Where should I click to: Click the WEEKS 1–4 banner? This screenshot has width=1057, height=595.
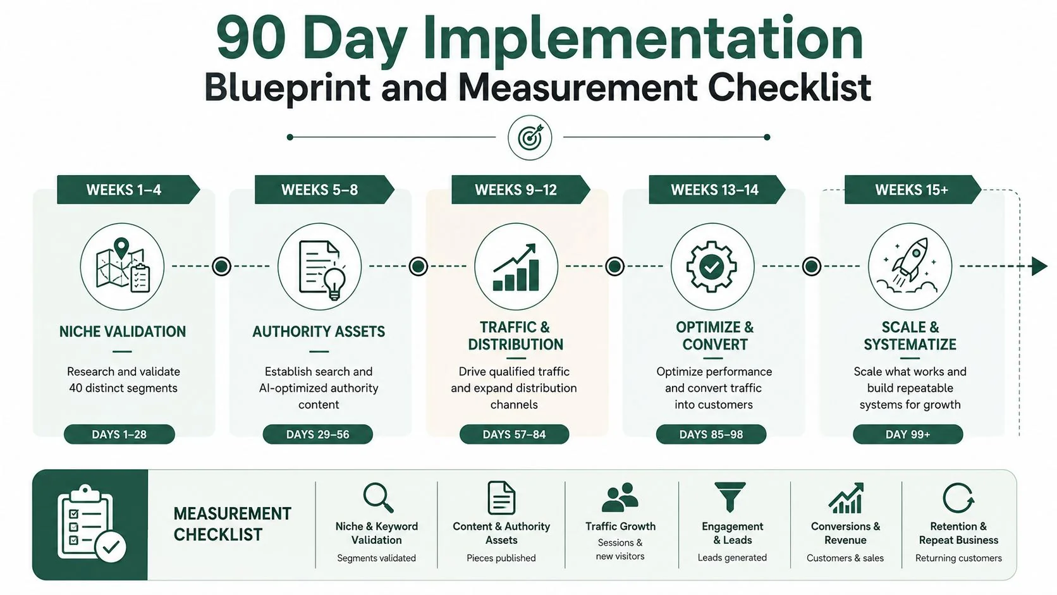click(128, 190)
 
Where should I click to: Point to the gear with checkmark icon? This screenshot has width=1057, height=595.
click(712, 267)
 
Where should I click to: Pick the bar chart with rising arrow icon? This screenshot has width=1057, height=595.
click(515, 267)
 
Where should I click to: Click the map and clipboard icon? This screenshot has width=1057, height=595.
click(123, 265)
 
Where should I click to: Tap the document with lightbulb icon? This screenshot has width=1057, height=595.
click(322, 270)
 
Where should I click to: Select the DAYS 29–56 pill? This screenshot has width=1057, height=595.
click(317, 434)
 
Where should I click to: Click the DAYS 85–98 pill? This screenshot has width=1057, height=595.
click(711, 434)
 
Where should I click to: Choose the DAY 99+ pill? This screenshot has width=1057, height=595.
click(908, 434)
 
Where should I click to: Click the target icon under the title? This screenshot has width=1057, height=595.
click(530, 137)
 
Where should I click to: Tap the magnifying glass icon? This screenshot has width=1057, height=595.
click(378, 498)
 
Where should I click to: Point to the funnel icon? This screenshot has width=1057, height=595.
click(730, 497)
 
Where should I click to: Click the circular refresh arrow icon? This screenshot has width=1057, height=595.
click(958, 498)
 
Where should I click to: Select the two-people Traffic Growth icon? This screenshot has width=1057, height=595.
click(620, 497)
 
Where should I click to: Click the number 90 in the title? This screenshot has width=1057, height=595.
click(250, 38)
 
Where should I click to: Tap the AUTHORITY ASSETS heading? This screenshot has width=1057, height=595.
click(319, 332)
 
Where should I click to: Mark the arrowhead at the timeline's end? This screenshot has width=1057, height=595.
click(1039, 266)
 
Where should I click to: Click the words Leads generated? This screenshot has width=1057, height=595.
click(732, 558)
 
